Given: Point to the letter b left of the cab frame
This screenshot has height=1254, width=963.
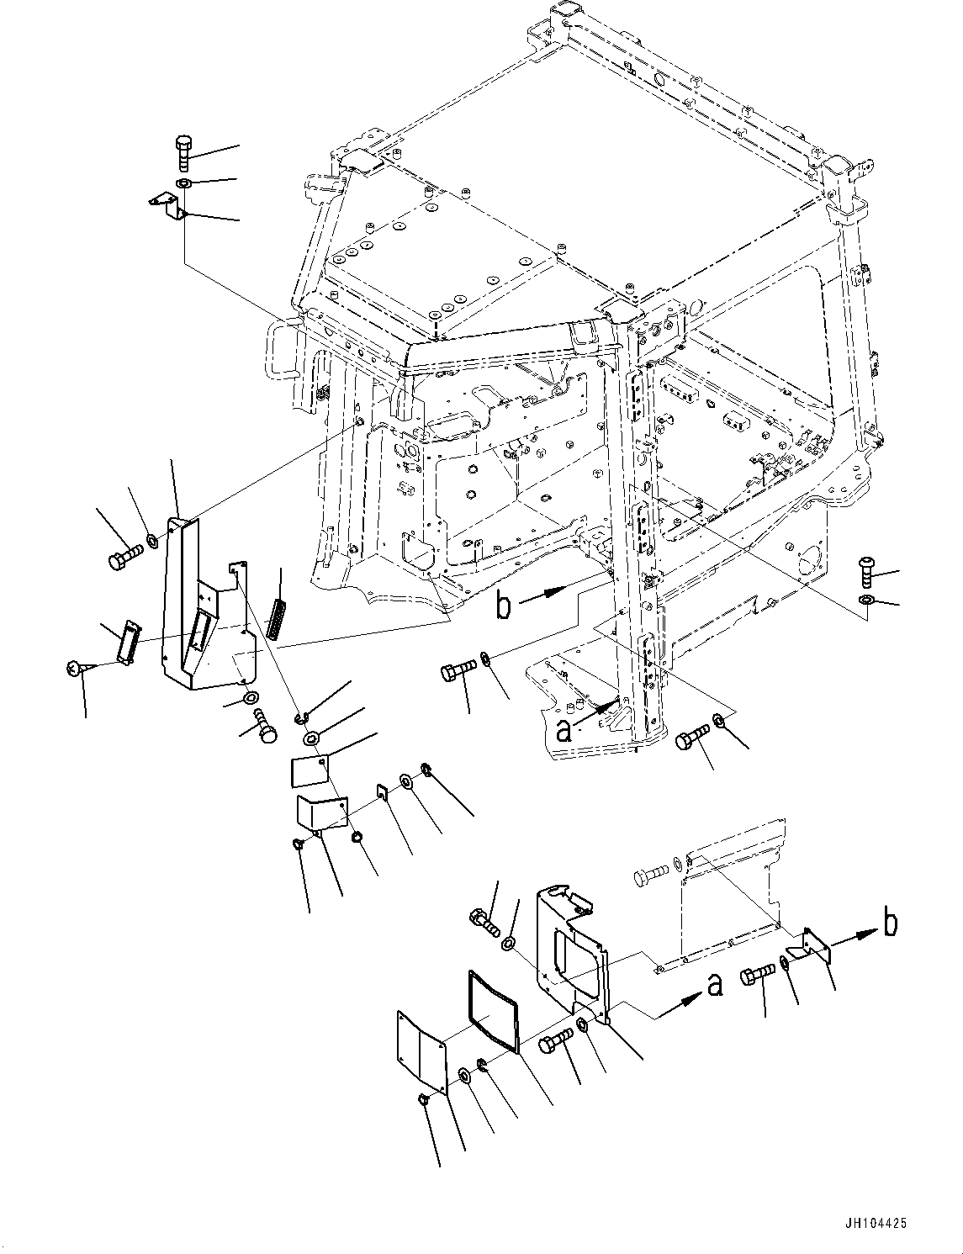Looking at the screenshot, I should click(x=503, y=606).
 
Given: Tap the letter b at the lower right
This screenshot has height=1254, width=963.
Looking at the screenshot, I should click(x=889, y=923).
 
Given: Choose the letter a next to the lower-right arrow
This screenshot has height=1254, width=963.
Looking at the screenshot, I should click(x=715, y=984).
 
